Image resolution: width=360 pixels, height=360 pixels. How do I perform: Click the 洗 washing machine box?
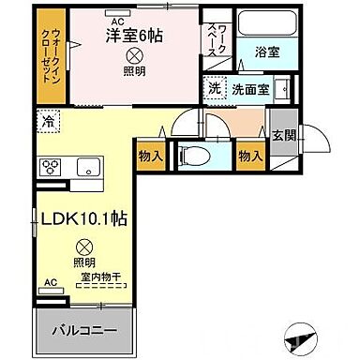tap(215, 89)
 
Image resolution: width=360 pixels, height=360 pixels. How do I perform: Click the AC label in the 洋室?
tap(118, 19)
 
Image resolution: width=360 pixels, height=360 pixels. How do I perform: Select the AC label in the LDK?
tap(50, 281)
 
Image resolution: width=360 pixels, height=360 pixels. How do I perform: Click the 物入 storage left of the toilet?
tap(152, 155)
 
